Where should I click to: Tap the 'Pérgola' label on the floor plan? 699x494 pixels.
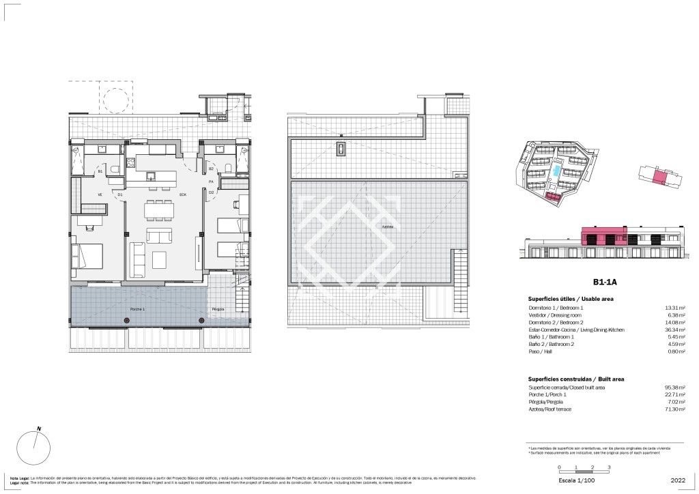[218, 309]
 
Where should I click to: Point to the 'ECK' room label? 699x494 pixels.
[183, 195]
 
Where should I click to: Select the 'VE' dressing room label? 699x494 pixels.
[100, 195]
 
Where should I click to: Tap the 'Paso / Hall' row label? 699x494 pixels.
[541, 353]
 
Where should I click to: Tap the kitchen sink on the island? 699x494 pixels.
[152, 176]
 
